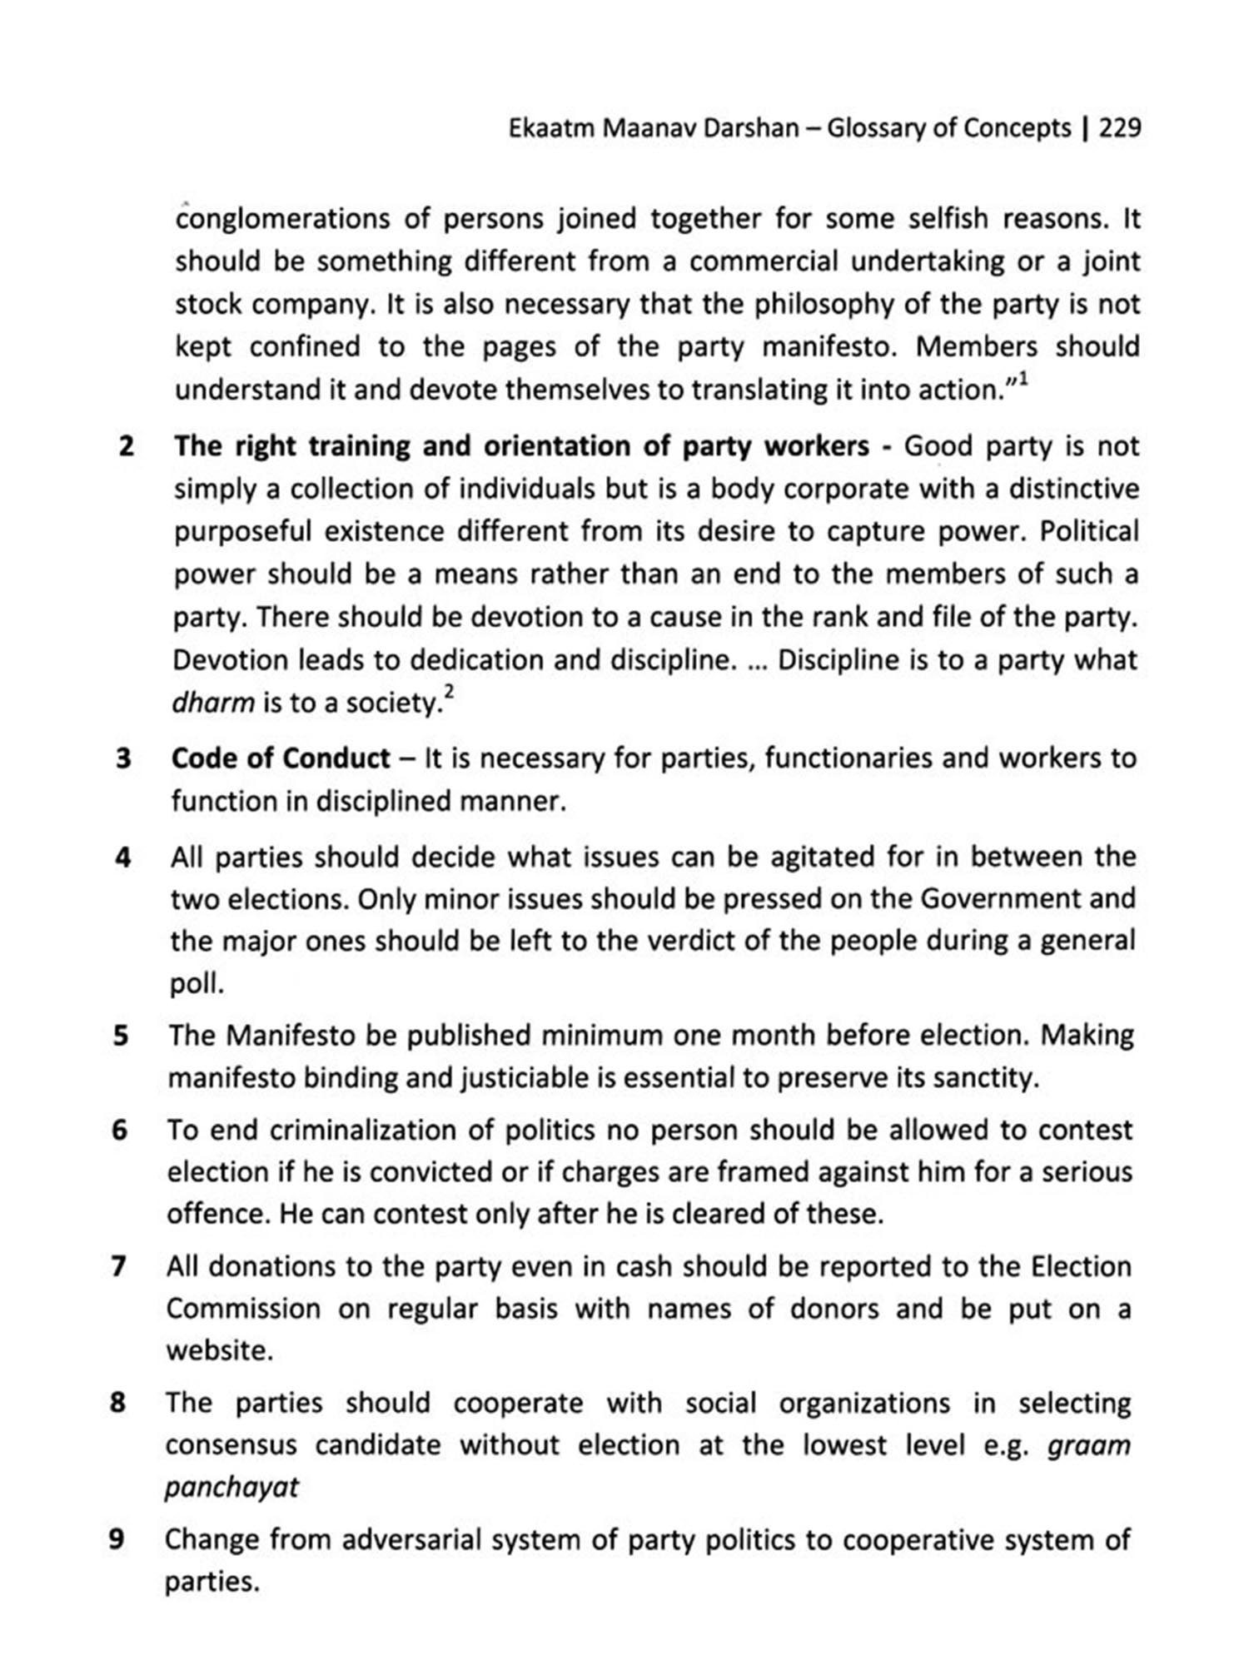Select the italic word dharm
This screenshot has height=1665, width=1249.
point(212,703)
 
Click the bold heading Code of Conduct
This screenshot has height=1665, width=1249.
point(281,758)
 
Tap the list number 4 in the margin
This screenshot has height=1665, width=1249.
point(122,857)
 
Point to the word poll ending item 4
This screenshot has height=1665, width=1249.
point(197,985)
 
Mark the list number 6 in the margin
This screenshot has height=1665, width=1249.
point(120,1131)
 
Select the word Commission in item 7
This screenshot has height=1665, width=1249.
point(243,1309)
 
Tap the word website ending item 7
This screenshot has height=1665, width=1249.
point(219,1350)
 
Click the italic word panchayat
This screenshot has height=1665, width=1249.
point(231,1487)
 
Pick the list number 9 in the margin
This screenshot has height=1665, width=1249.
point(117,1539)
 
